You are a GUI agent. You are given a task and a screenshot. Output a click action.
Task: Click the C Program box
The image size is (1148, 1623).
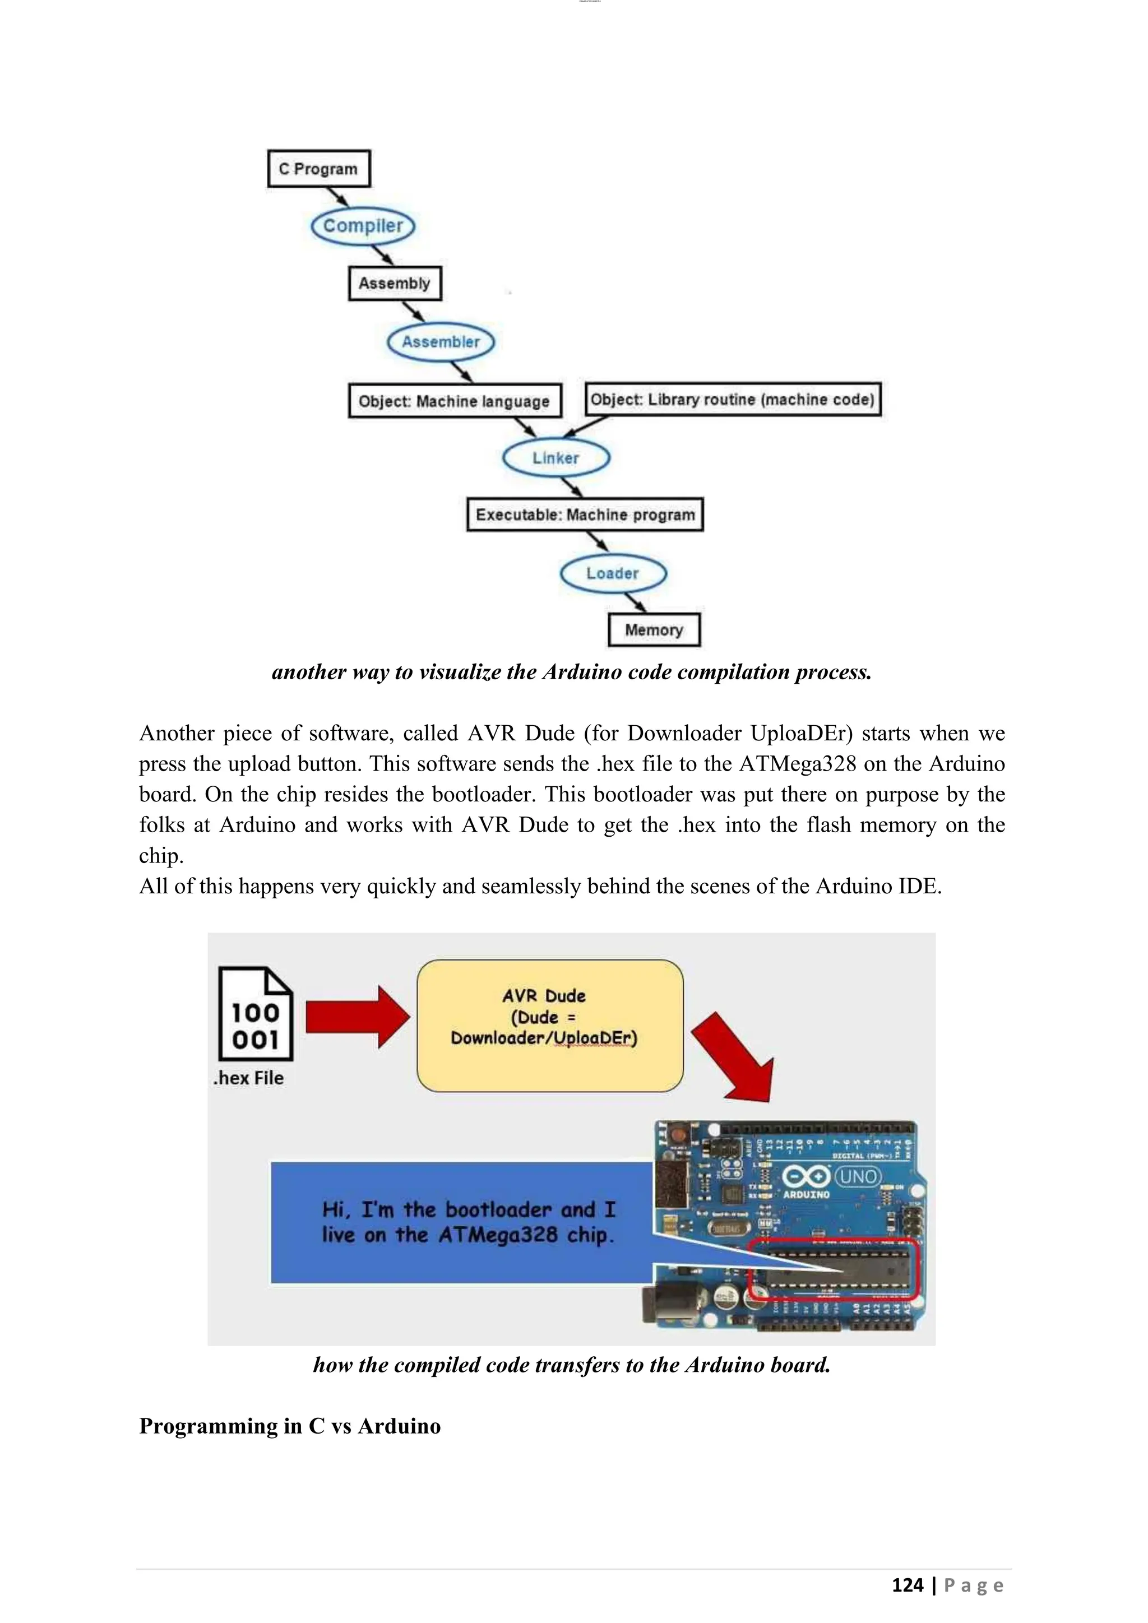[x=319, y=169]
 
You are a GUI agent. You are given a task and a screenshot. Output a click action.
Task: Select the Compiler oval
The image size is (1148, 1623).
[x=363, y=226]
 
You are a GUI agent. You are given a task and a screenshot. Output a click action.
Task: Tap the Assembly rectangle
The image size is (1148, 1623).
[x=395, y=284]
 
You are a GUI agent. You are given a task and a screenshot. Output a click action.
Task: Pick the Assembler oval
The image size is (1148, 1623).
[x=441, y=342]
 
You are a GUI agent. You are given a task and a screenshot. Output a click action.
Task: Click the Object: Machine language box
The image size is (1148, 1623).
[x=455, y=401]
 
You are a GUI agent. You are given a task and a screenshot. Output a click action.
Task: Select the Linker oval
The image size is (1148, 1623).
[x=556, y=458]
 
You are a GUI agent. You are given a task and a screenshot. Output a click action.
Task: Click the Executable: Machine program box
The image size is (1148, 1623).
[x=585, y=514]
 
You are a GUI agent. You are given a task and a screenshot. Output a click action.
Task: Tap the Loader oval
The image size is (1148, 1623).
[x=612, y=573]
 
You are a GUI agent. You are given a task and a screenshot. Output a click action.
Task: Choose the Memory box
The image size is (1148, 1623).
[x=654, y=630]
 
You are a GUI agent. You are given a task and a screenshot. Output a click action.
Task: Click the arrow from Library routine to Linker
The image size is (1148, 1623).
[x=585, y=428]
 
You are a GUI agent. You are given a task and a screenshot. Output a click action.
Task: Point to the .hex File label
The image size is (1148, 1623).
[x=249, y=1078]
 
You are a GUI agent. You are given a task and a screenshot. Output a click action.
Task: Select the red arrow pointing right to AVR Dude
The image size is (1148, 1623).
[x=357, y=1017]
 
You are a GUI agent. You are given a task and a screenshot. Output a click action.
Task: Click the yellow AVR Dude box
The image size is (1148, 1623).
[x=550, y=1025]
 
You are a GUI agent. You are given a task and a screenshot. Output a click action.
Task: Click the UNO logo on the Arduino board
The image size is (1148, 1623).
[x=858, y=1177]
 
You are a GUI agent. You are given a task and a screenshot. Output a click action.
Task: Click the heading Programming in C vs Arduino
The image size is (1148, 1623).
[x=290, y=1426]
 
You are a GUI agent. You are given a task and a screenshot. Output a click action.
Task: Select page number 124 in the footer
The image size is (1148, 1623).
[x=907, y=1585]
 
